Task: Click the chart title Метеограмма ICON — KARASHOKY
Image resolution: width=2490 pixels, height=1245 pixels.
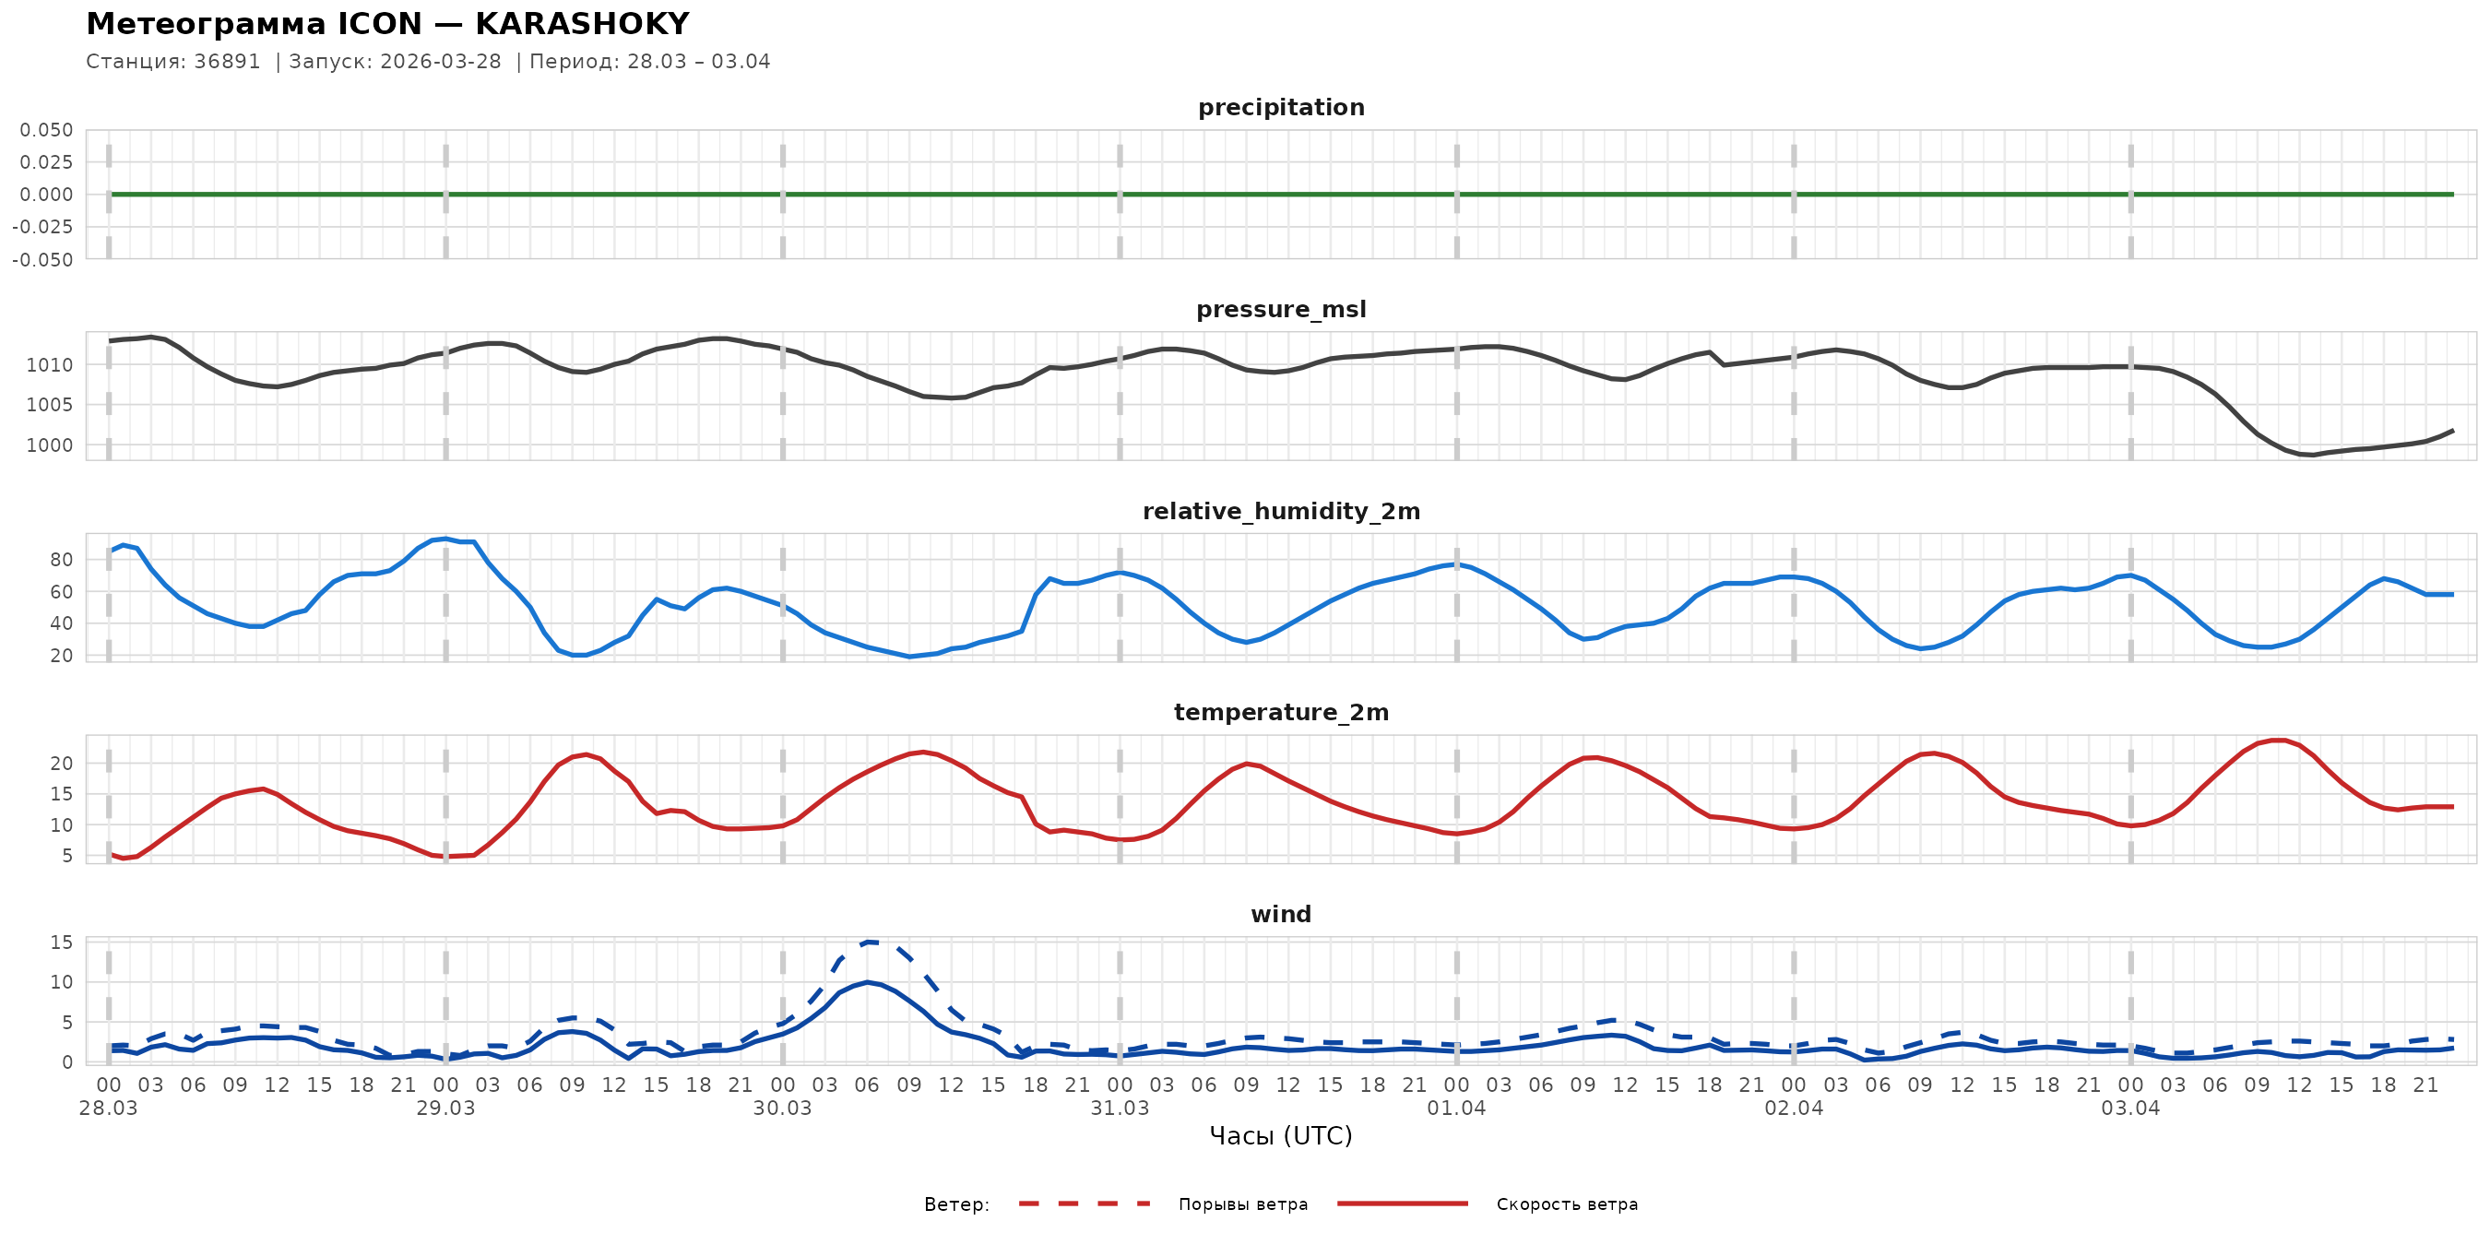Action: (x=387, y=23)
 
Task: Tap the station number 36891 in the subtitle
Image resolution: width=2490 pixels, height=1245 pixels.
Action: (x=227, y=61)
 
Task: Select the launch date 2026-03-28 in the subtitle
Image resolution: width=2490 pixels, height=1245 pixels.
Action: (x=441, y=61)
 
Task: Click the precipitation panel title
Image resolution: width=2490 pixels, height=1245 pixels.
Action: (x=1281, y=107)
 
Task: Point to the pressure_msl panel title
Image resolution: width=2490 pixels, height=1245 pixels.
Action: (x=1281, y=309)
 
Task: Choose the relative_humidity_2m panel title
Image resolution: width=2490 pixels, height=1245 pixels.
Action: (x=1281, y=511)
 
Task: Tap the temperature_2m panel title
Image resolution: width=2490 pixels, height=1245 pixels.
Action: (x=1281, y=712)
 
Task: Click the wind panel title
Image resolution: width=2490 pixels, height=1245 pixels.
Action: (x=1281, y=915)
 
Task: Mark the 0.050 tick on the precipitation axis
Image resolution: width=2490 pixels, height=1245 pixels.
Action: (x=46, y=129)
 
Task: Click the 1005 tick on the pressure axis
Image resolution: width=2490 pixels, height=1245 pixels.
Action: (x=49, y=405)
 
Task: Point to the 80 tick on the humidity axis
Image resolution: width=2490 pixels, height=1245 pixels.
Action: (x=61, y=560)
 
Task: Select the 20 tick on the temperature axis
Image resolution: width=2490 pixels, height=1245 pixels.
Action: (x=61, y=764)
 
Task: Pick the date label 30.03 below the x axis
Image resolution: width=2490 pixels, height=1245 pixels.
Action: (x=782, y=1108)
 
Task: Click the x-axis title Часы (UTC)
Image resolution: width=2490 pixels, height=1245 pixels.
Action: (x=1281, y=1136)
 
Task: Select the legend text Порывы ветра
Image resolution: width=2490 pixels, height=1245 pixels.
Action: (x=1243, y=1204)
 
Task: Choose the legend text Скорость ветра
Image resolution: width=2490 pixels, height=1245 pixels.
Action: (x=1567, y=1204)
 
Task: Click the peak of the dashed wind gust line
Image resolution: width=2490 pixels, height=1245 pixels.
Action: (x=868, y=942)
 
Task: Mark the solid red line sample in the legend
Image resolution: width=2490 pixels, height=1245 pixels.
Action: (x=1403, y=1203)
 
